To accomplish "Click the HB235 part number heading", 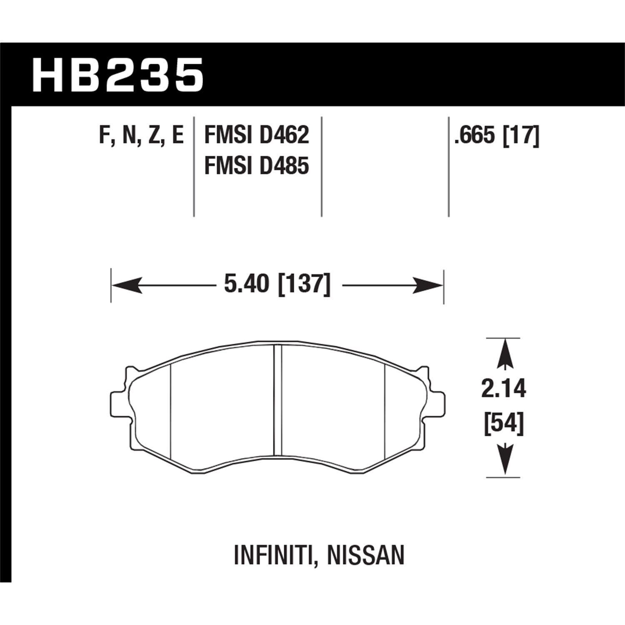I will (x=118, y=75).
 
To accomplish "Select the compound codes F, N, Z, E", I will (x=142, y=135).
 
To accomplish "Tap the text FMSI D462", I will (x=257, y=135).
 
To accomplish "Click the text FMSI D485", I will (x=257, y=166).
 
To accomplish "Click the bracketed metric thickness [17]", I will (x=521, y=135).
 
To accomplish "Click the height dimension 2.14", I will (x=504, y=389).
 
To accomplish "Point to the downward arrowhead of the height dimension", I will (x=505, y=460).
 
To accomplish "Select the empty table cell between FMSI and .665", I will (x=385, y=167).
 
